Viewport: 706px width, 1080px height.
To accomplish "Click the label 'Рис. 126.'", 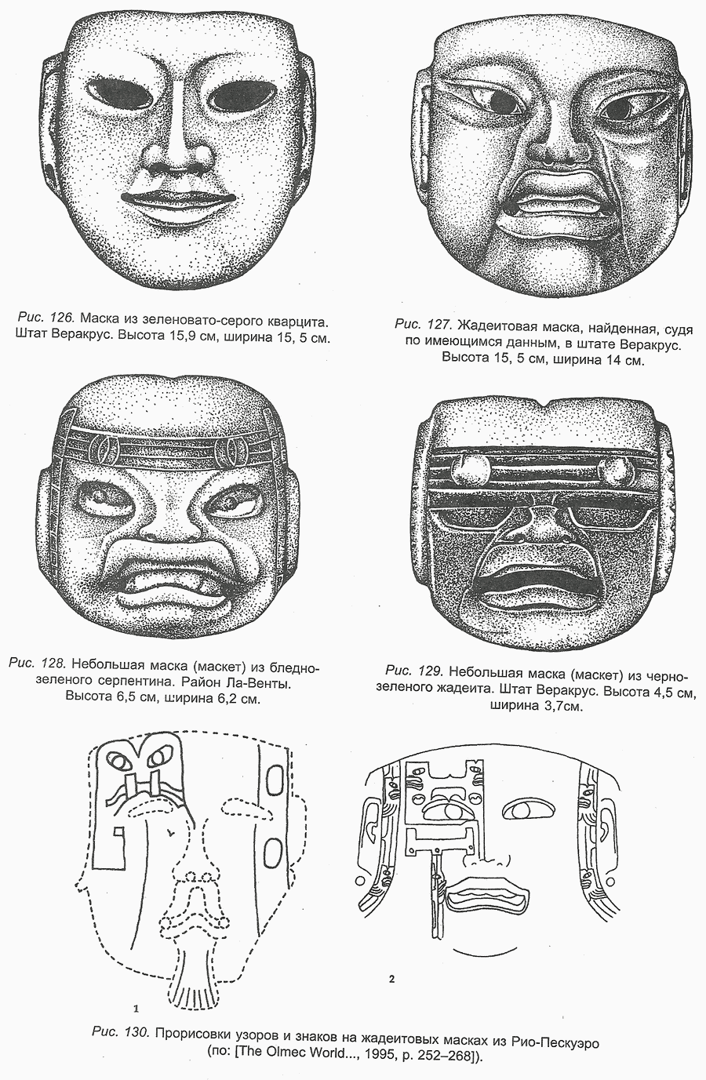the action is pos(45,318).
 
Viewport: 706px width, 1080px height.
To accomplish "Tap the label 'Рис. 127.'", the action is pos(422,323).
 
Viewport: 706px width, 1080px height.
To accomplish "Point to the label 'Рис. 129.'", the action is pos(413,671).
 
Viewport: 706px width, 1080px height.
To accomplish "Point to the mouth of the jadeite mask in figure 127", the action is pos(556,199).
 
